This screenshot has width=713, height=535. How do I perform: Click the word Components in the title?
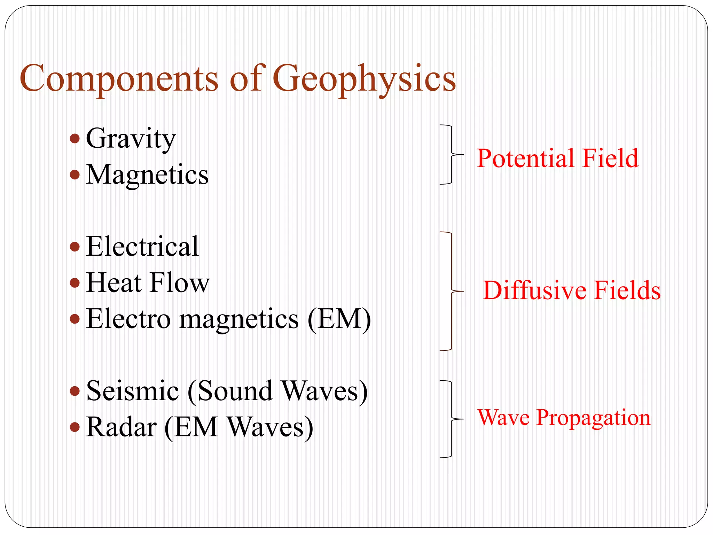(x=119, y=78)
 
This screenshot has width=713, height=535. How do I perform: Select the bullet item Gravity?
(x=131, y=139)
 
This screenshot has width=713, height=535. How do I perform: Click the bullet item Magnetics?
(x=147, y=175)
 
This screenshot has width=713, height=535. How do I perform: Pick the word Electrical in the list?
(x=142, y=247)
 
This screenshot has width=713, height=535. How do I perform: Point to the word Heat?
(x=113, y=283)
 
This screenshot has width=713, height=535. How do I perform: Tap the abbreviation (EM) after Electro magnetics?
(x=339, y=319)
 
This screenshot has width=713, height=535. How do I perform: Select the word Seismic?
(x=132, y=391)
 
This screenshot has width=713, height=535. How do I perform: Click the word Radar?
(x=121, y=427)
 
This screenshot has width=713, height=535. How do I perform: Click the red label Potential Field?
(x=557, y=158)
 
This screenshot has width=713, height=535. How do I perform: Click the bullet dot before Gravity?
(x=75, y=139)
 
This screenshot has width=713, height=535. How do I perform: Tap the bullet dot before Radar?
(x=75, y=427)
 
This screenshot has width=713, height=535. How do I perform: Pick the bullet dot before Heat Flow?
(x=75, y=283)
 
